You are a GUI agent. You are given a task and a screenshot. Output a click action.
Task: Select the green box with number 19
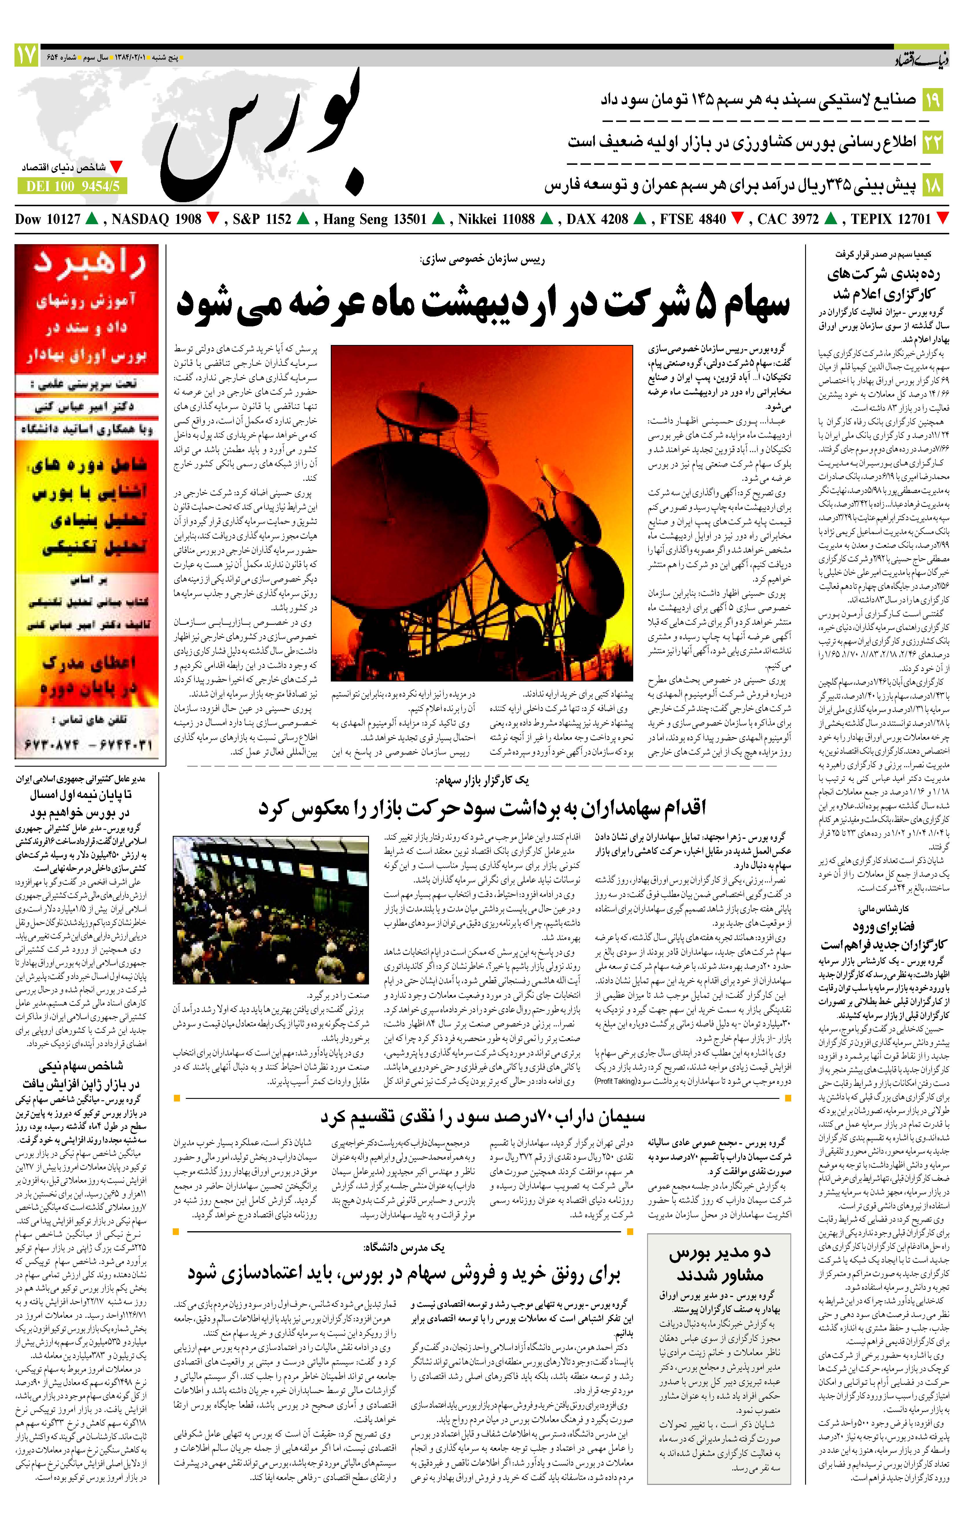click(x=932, y=100)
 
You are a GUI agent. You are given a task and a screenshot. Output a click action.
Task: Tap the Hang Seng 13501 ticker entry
click(x=375, y=219)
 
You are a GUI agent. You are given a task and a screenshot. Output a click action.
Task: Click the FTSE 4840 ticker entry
click(x=693, y=219)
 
